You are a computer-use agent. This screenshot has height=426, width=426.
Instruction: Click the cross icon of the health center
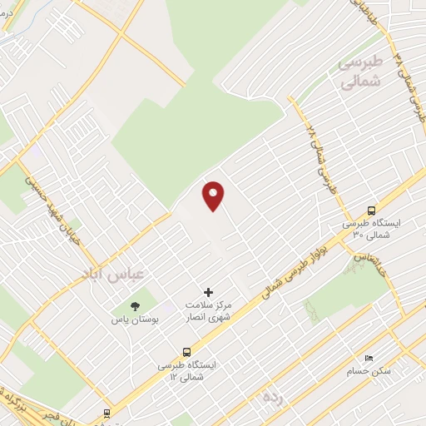[208, 292]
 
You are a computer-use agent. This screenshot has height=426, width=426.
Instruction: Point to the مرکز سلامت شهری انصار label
[208, 311]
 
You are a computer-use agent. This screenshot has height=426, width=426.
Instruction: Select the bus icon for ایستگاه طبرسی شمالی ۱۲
[187, 352]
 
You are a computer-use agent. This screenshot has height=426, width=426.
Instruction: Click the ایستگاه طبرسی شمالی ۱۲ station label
[187, 371]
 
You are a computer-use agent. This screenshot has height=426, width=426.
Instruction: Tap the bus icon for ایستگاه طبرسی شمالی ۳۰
[371, 211]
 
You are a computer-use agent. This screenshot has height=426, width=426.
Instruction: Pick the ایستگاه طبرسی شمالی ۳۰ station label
[371, 230]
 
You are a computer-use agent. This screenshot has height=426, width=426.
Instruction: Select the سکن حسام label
[369, 371]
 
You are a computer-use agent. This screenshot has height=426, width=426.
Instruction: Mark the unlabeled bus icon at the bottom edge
[106, 414]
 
